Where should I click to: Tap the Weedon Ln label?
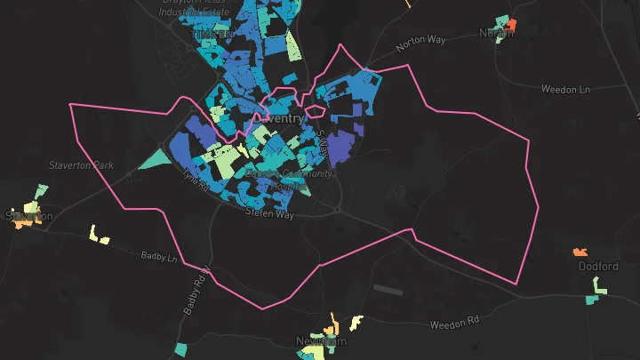pyautogui.click(x=565, y=89)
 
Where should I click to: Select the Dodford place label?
pyautogui.click(x=597, y=267)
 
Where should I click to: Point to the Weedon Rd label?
pyautogui.click(x=454, y=324)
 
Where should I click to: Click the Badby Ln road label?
pyautogui.click(x=160, y=257)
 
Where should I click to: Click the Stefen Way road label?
pyautogui.click(x=269, y=214)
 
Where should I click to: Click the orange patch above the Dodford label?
pyautogui.click(x=582, y=252)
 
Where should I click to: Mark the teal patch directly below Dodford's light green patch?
pyautogui.click(x=592, y=300)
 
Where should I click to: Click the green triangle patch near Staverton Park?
pyautogui.click(x=156, y=160)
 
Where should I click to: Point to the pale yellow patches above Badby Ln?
pyautogui.click(x=98, y=236)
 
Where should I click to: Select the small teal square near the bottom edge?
pyautogui.click(x=181, y=349)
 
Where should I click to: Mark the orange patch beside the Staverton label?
pyautogui.click(x=20, y=223)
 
